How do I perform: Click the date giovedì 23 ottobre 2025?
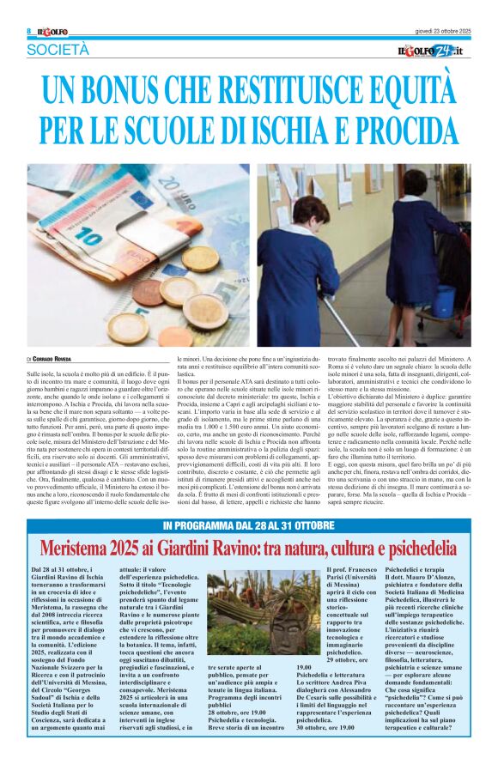coord(439,32)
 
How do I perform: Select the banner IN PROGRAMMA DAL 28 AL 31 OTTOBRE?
coord(249,501)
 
